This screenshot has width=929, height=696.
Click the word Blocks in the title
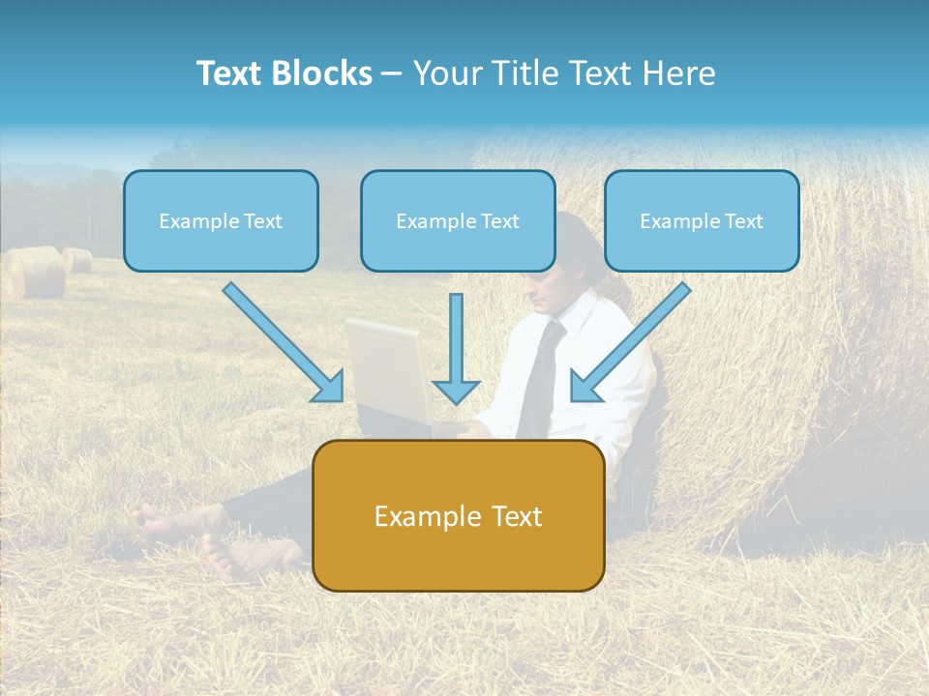323,73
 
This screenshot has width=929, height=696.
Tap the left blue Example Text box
221,220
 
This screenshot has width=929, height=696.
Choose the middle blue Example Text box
458,220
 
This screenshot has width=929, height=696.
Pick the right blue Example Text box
702,220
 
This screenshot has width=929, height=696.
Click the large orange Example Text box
459,515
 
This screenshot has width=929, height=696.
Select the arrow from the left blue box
281,340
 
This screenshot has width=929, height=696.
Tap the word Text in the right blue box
744,220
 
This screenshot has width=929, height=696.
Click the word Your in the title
448,73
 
